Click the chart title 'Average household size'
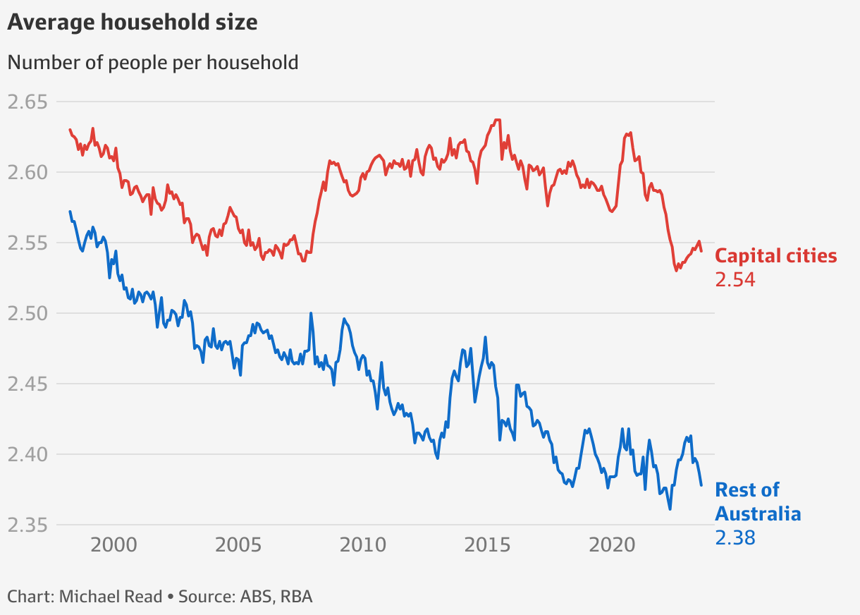point(133,23)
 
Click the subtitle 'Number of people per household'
point(153,62)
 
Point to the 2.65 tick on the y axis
point(27,102)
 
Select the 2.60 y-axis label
point(27,173)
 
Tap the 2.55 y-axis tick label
point(27,243)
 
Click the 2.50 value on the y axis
point(27,314)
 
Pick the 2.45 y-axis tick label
point(27,384)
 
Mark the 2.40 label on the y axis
point(27,455)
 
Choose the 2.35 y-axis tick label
point(27,525)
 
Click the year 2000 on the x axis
point(114,545)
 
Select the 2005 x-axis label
point(239,545)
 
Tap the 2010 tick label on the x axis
point(364,545)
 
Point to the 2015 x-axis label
point(489,545)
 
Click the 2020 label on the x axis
point(613,545)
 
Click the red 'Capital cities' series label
point(776,256)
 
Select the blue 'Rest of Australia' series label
point(758,501)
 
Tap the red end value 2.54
point(735,280)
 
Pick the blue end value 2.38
point(735,538)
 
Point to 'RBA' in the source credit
point(296,597)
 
